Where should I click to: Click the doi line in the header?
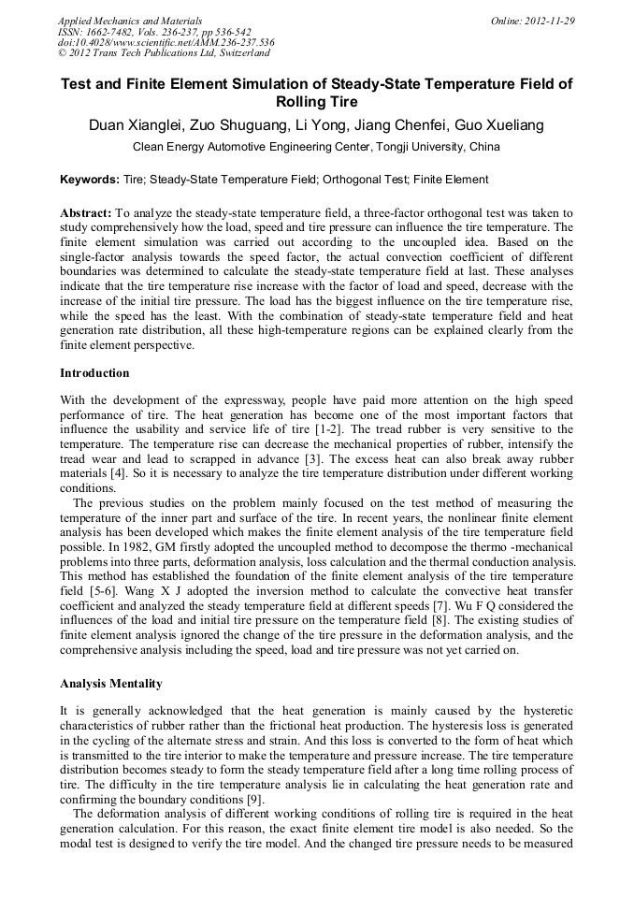(166, 43)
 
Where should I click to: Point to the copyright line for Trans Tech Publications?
(164, 53)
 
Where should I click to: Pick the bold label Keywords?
(90, 180)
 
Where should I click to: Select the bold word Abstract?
(86, 213)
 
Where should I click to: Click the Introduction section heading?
(94, 372)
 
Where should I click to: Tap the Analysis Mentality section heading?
(111, 683)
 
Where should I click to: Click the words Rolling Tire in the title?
(317, 102)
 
